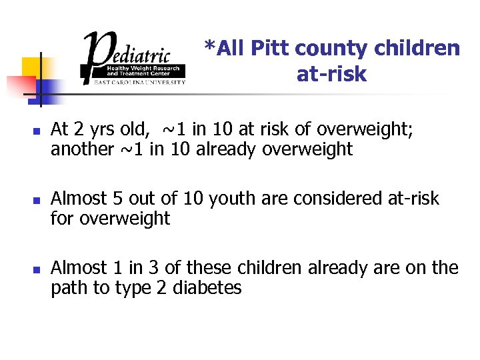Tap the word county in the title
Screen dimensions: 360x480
(331, 49)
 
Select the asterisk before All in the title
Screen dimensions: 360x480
(209, 47)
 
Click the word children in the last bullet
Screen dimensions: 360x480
(259, 268)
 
